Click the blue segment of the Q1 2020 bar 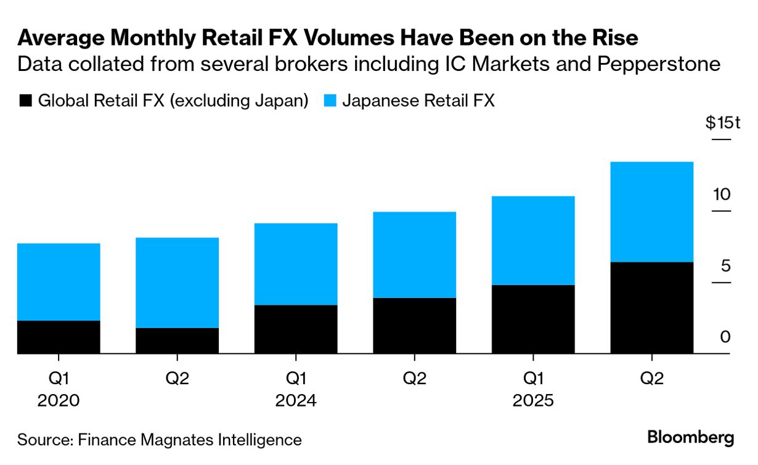click(x=59, y=282)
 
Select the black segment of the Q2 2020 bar click(x=177, y=340)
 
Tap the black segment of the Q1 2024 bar click(x=296, y=329)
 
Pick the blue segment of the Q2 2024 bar click(x=414, y=255)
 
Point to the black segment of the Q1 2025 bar click(x=533, y=319)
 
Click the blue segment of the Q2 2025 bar click(x=651, y=212)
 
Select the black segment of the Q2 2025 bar click(x=651, y=308)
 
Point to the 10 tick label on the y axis click(x=722, y=195)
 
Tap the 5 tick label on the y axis click(x=725, y=266)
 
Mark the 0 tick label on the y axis click(x=725, y=337)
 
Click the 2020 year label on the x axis click(x=59, y=401)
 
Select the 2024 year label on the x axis click(x=296, y=401)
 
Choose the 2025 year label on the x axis click(x=533, y=401)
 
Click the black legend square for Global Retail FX click(x=25, y=101)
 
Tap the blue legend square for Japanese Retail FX click(x=329, y=101)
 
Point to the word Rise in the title click(x=613, y=38)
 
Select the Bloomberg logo click(x=690, y=438)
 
